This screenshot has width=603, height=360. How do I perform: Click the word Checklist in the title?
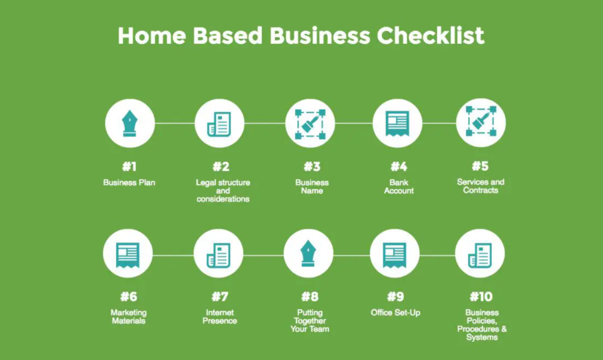pos(430,36)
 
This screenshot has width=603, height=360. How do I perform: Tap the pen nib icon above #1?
pos(130,124)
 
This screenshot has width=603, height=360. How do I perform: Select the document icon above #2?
pos(219,124)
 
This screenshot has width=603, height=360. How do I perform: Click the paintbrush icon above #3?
pos(310,124)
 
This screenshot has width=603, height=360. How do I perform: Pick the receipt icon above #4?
pos(397,124)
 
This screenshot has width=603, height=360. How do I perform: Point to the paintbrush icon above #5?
pos(481,121)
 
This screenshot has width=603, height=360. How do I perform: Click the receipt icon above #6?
pos(128,255)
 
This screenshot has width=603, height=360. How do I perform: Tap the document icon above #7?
pos(218,255)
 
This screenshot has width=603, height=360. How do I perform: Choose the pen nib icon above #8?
pos(308,253)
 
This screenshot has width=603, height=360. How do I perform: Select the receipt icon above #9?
pos(395,255)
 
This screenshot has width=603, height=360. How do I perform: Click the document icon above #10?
pos(480,255)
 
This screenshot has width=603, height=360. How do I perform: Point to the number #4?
pos(399,167)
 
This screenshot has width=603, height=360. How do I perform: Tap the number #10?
pos(481,296)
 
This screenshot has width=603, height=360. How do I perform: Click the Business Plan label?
pos(129,182)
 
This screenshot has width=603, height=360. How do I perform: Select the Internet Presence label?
pos(220,316)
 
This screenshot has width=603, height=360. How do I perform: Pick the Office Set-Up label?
pos(395,312)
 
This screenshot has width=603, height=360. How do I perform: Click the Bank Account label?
pos(399,187)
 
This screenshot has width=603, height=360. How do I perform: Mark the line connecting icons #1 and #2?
pos(174,124)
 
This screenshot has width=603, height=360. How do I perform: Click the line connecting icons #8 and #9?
pos(352,255)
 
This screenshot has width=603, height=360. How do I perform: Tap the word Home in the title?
pos(152,36)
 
